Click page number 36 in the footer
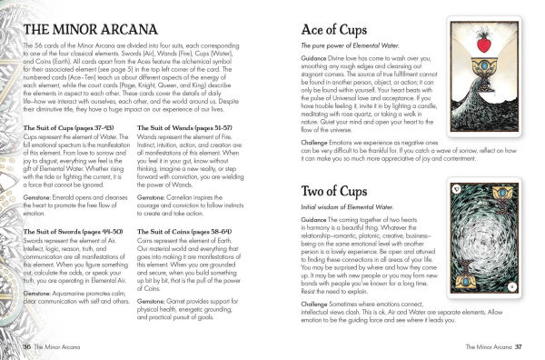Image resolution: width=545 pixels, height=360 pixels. click(28, 347)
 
